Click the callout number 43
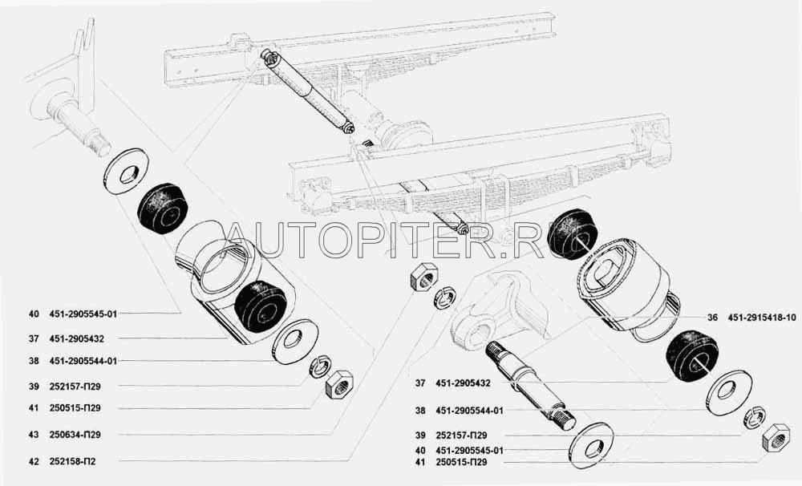pos(33,435)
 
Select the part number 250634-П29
pos(75,435)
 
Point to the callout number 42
pos(33,461)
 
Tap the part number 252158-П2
pos(72,461)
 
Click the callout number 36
pos(713,318)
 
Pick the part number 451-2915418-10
pos(762,318)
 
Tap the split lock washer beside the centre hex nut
pos(444,298)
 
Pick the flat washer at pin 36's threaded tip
pos(591,445)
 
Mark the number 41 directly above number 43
pos(33,408)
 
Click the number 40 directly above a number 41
pos(420,451)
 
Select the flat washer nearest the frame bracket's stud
pos(126,172)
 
